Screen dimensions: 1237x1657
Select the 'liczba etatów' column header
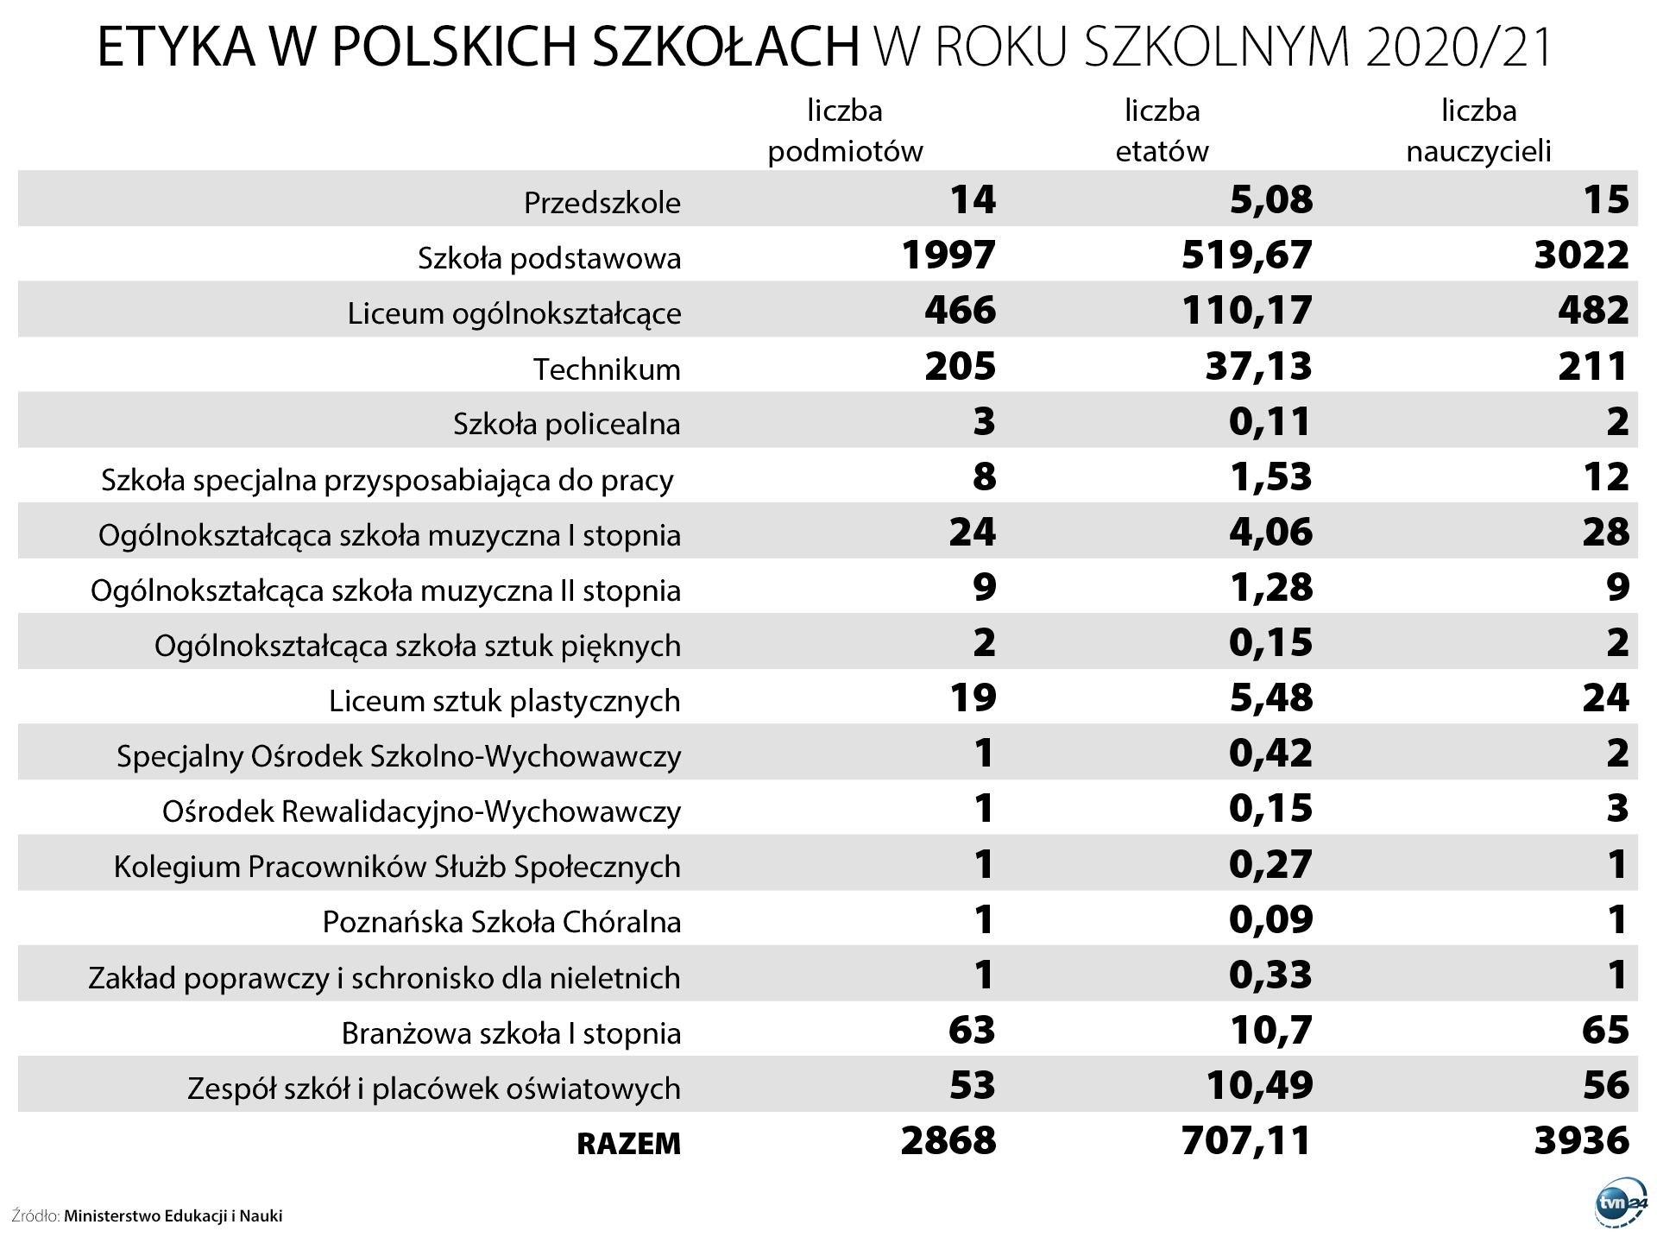(1162, 131)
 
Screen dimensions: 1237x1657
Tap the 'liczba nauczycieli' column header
(1478, 131)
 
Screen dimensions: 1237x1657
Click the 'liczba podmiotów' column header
(845, 131)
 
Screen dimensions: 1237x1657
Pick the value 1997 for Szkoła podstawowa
(948, 256)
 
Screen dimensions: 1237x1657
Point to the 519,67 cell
(1246, 256)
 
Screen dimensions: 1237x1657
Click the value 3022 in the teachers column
(1581, 256)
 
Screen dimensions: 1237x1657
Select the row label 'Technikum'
(607, 369)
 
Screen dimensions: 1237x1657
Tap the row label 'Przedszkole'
(602, 203)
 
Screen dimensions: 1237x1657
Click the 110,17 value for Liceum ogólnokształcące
(1246, 311)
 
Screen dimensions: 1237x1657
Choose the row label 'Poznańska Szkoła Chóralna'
(501, 922)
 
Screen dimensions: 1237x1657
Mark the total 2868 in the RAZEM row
(948, 1141)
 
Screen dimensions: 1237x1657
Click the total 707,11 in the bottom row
(1246, 1141)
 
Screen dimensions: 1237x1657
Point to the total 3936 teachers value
(1581, 1141)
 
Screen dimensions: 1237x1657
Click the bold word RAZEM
(628, 1144)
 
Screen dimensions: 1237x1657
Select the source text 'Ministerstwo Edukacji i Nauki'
(173, 1216)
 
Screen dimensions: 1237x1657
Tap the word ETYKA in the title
(176, 47)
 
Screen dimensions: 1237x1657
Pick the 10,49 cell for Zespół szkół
(1259, 1086)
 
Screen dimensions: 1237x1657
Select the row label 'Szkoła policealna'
(566, 425)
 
